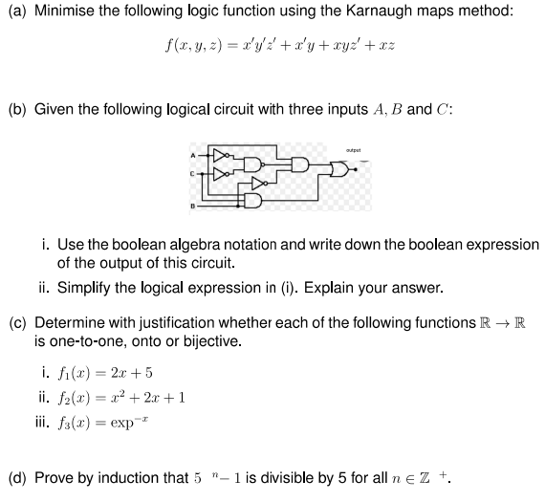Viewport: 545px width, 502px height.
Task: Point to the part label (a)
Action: pos(16,11)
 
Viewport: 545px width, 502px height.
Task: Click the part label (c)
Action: pos(16,321)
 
